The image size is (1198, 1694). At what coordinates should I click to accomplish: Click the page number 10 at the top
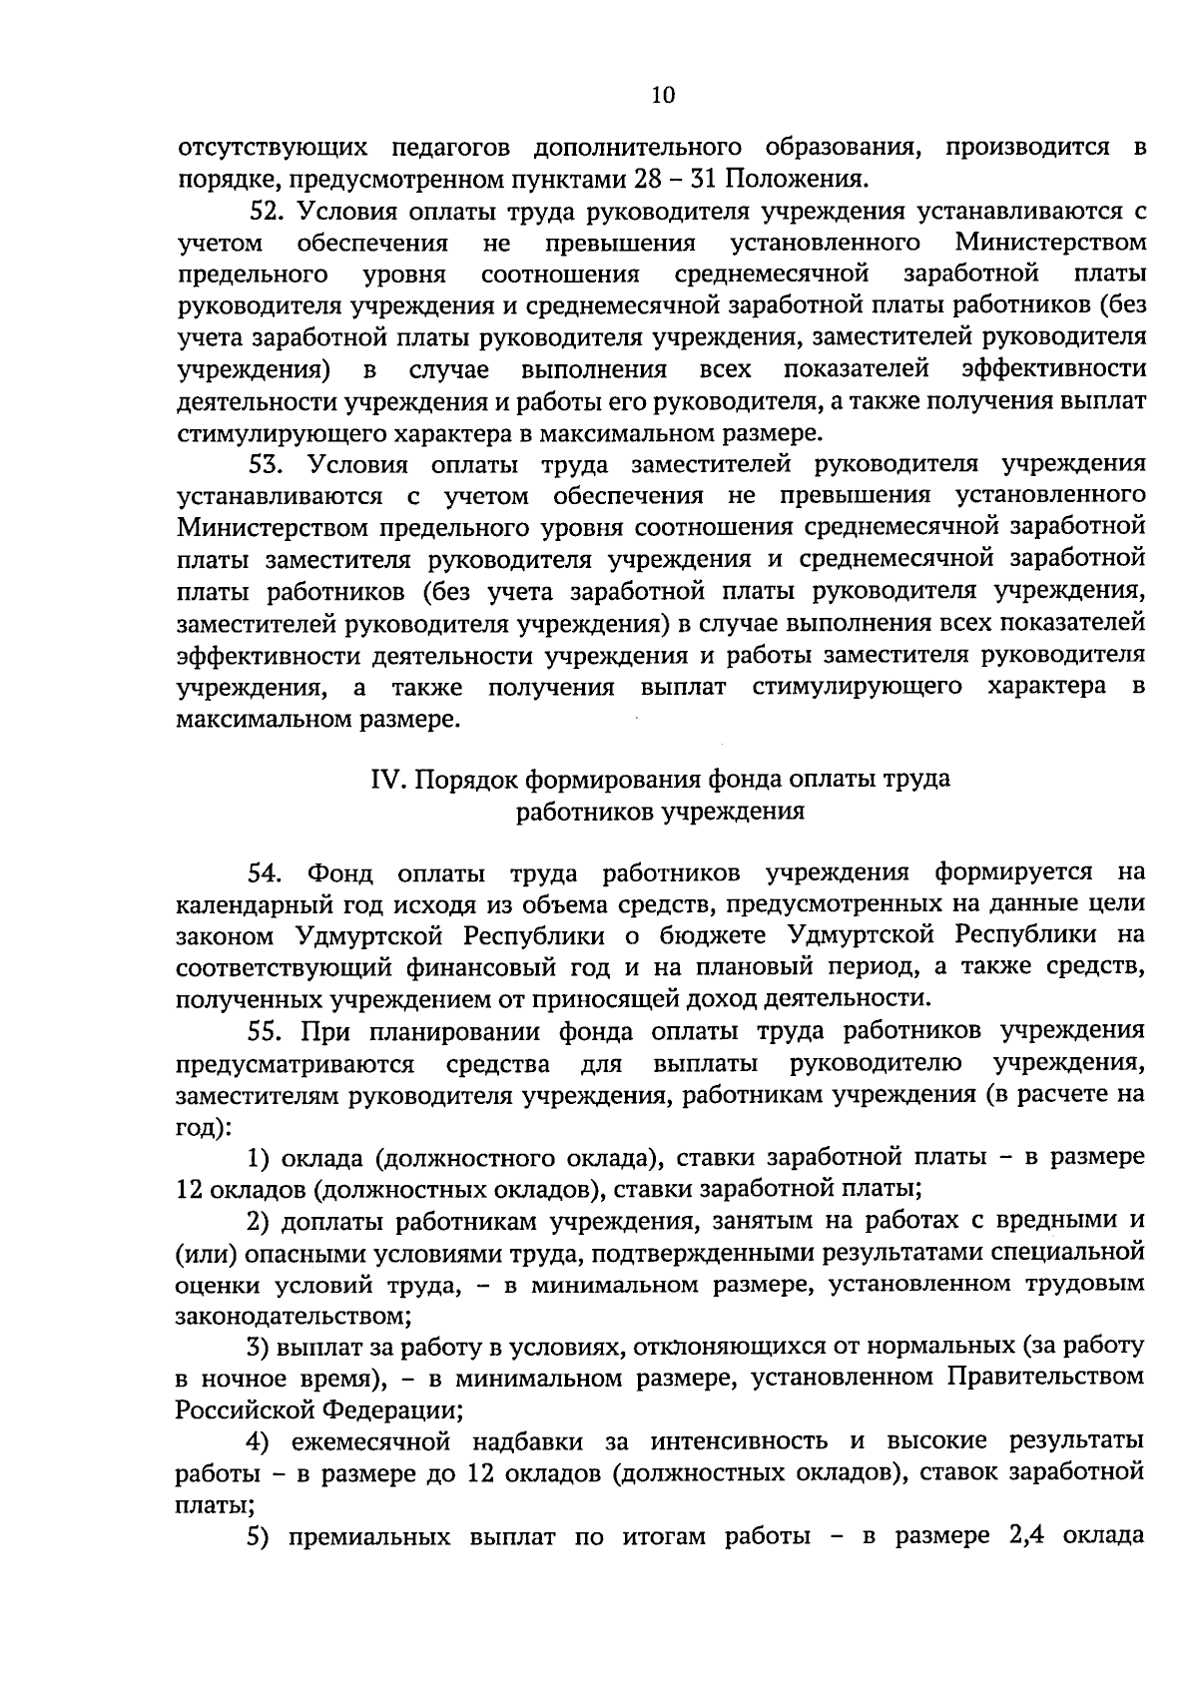(663, 95)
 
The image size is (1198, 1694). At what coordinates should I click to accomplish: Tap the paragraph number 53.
(268, 464)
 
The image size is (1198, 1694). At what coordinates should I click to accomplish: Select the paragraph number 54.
(268, 873)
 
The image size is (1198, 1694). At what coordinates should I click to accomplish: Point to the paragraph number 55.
(268, 1030)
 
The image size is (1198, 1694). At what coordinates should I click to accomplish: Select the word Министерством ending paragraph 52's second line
(1049, 243)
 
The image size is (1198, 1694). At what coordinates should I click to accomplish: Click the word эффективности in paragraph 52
(1053, 369)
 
